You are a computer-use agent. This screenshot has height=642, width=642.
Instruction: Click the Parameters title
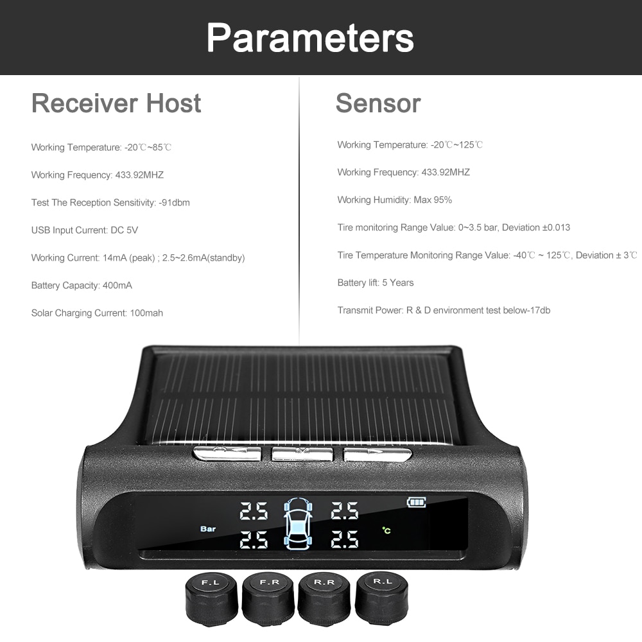[x=310, y=37]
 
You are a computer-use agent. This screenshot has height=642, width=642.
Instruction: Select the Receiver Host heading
[x=116, y=103]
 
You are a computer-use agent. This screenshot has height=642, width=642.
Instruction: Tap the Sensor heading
[x=378, y=103]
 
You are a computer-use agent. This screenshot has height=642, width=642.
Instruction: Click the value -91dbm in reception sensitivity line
[x=174, y=203]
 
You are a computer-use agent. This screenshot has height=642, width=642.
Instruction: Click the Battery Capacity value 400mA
[x=117, y=286]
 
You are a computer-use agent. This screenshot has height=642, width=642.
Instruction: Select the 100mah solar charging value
[x=146, y=313]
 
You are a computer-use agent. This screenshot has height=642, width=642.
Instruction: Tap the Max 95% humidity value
[x=433, y=200]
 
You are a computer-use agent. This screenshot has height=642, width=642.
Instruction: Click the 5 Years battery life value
[x=398, y=283]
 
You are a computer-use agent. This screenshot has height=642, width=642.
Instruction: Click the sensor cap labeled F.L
[x=211, y=602]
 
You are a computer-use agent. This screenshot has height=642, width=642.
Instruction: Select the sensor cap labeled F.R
[x=268, y=602]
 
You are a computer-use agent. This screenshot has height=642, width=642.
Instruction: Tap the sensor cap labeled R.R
[x=325, y=602]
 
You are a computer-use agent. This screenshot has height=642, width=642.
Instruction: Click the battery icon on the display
[x=416, y=502]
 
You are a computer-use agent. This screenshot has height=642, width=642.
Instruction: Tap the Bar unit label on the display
[x=208, y=529]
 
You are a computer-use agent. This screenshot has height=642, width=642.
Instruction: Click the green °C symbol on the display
[x=386, y=530]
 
